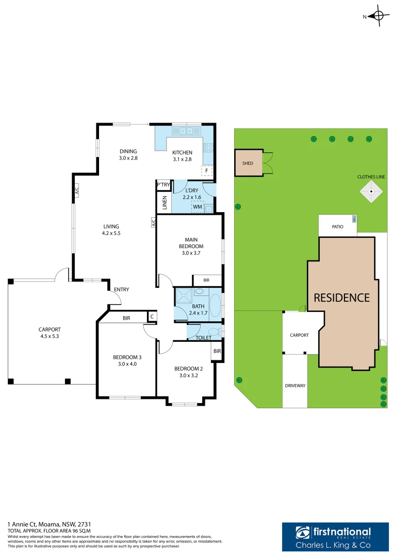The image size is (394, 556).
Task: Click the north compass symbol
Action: pyautogui.click(x=378, y=16)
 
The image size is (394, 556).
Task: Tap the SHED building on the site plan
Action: pyautogui.click(x=248, y=163)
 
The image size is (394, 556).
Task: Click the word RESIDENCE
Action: pyautogui.click(x=342, y=298)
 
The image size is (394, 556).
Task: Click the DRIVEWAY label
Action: pyautogui.click(x=295, y=385)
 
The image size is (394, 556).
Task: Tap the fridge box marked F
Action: pyautogui.click(x=207, y=170)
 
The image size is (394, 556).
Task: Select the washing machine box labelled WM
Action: pyautogui.click(x=197, y=207)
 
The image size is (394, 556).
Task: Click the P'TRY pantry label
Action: pyautogui.click(x=163, y=185)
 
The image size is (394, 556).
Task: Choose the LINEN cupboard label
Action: pyautogui.click(x=165, y=203)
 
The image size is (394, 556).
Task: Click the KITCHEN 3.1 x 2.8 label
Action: pyautogui.click(x=182, y=155)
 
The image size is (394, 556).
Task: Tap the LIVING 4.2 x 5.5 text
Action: pyautogui.click(x=111, y=230)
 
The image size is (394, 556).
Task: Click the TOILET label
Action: pyautogui.click(x=203, y=338)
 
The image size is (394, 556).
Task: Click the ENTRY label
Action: pyautogui.click(x=122, y=289)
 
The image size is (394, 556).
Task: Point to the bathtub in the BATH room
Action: pyautogui.click(x=215, y=305)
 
